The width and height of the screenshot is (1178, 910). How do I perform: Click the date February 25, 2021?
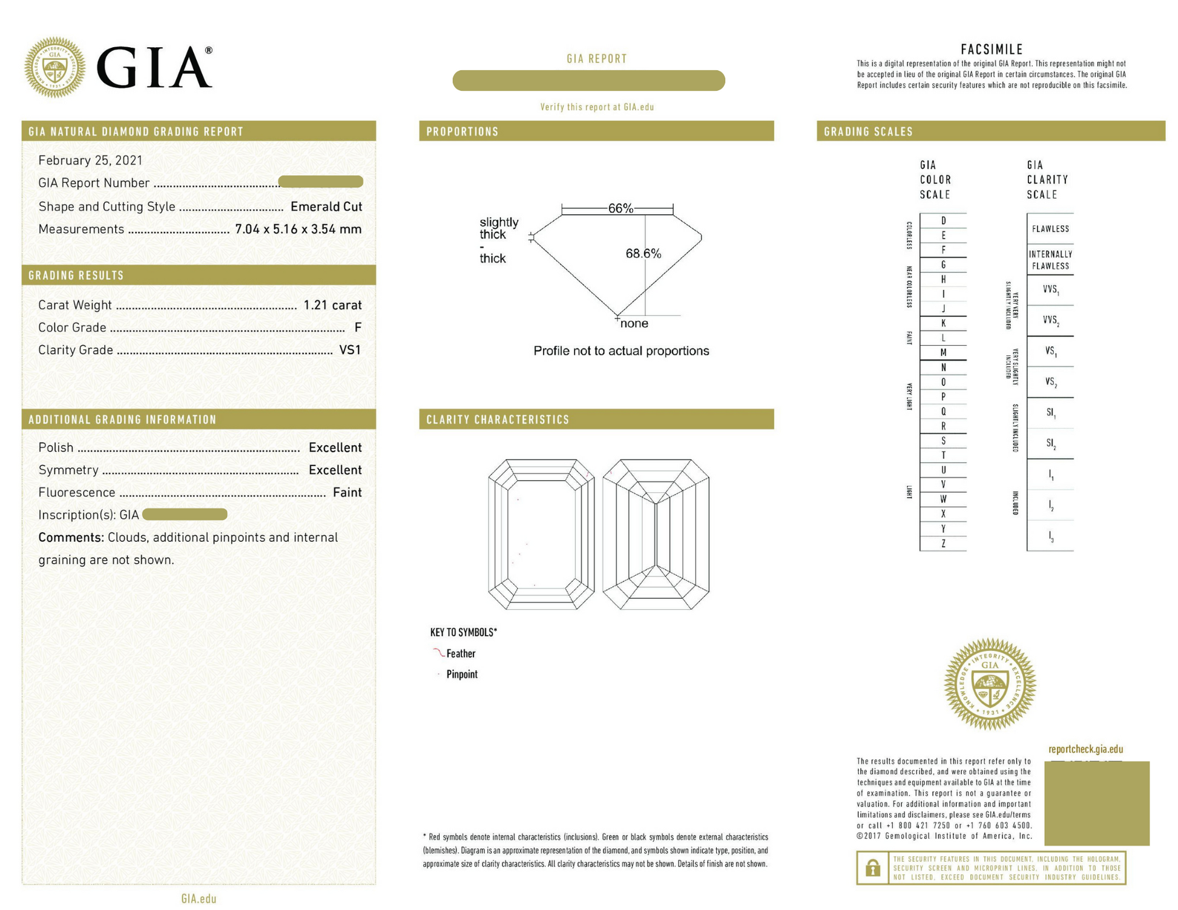pos(90,160)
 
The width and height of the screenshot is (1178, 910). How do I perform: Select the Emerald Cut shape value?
pos(326,206)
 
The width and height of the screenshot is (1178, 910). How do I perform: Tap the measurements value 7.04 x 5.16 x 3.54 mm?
pos(298,229)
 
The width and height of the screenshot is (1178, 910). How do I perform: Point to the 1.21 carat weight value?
pos(332,305)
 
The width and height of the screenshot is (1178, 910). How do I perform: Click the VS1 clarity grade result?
pos(350,350)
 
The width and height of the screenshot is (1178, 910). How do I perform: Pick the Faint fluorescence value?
pos(347,492)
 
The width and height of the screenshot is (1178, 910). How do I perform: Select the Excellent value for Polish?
pos(335,447)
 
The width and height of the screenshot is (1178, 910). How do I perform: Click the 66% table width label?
pos(620,208)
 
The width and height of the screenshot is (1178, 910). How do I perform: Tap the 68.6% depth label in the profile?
pos(643,254)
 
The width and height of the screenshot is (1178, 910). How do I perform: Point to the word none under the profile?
pos(634,323)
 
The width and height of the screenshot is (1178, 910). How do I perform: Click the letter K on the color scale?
pos(943,323)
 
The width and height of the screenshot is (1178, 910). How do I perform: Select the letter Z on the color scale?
pos(943,544)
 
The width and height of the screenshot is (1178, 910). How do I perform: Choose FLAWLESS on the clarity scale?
pos(1050,229)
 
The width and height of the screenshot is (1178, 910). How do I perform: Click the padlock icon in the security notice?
pos(872,868)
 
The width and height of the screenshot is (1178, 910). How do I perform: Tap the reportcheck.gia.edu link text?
pos(1085,749)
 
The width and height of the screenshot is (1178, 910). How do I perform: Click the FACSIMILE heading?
pos(992,50)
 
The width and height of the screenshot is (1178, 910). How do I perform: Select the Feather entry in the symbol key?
pos(461,653)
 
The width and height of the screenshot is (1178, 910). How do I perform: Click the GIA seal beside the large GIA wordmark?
pos(54,67)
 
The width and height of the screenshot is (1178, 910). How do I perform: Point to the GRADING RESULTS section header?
pos(76,275)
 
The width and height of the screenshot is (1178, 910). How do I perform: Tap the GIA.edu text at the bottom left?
pos(199,899)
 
